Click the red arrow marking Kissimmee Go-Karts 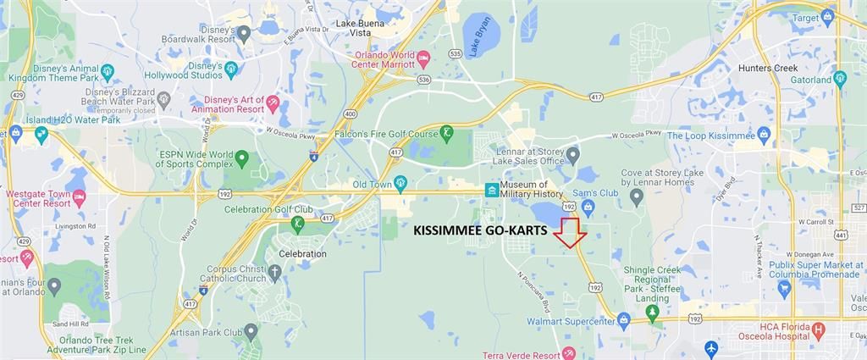pos(570,233)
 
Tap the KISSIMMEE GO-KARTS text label pos(481,230)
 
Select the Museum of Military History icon pos(490,190)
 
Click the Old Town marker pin pos(400,181)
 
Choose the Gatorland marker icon pos(840,79)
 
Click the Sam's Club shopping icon pos(588,206)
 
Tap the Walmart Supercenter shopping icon pos(624,318)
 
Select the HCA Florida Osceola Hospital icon pos(818,330)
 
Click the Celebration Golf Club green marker pos(297,224)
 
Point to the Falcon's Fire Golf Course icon pos(446,132)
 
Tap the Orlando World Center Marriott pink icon pos(424,57)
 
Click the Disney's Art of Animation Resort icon pos(273,102)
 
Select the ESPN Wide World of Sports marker pos(242,158)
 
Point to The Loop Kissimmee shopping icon pos(764,134)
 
